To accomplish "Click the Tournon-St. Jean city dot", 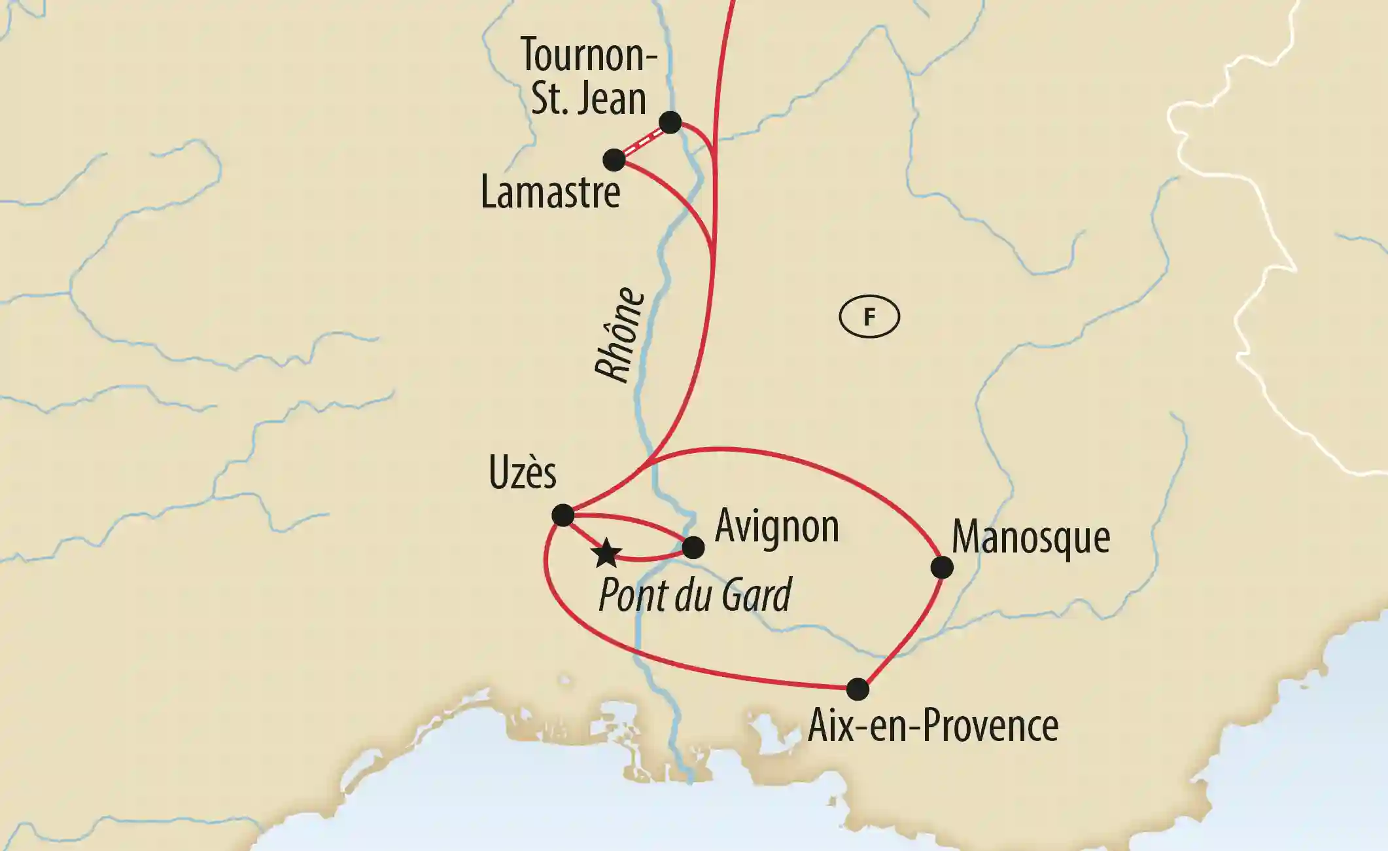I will pyautogui.click(x=670, y=122).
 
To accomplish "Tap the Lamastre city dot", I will pyautogui.click(x=614, y=160).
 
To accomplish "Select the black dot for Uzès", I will pyautogui.click(x=563, y=515).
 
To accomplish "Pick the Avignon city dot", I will pyautogui.click(x=693, y=547).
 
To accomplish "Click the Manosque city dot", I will pyautogui.click(x=942, y=568).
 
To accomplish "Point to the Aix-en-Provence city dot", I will pyautogui.click(x=858, y=689).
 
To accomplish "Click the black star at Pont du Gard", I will pyautogui.click(x=606, y=554).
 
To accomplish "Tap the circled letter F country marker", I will pyautogui.click(x=869, y=317).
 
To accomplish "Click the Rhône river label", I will pyautogui.click(x=620, y=335).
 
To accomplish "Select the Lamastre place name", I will pyautogui.click(x=550, y=192).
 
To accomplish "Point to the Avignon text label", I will pyautogui.click(x=776, y=526).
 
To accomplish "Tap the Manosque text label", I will pyautogui.click(x=1031, y=538).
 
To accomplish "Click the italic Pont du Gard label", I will pyautogui.click(x=695, y=595).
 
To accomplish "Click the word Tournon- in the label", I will pyautogui.click(x=589, y=55).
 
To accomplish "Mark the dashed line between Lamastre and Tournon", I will pyautogui.click(x=642, y=141).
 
